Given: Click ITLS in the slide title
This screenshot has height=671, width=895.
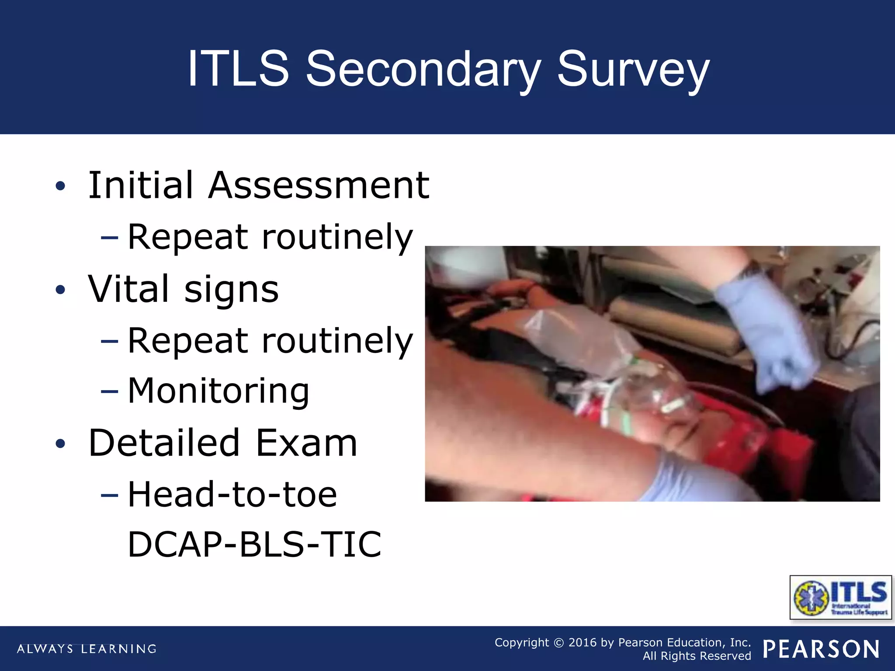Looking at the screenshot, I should pyautogui.click(x=238, y=69).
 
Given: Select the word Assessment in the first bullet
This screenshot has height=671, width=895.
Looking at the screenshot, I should pyautogui.click(x=319, y=186).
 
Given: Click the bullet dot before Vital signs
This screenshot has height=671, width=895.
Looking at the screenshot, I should pyautogui.click(x=60, y=290).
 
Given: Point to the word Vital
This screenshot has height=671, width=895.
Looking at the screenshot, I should pyautogui.click(x=128, y=289).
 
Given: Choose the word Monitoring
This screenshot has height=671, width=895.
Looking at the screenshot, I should pyautogui.click(x=219, y=391).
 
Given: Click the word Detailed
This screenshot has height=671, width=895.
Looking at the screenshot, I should pyautogui.click(x=164, y=443).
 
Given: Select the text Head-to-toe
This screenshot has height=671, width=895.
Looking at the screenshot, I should pyautogui.click(x=232, y=495).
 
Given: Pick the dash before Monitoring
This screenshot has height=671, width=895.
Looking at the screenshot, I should pyautogui.click(x=109, y=392).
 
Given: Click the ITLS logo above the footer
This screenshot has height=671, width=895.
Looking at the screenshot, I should pyautogui.click(x=840, y=597).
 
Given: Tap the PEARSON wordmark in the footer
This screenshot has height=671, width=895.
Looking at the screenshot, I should pyautogui.click(x=821, y=649).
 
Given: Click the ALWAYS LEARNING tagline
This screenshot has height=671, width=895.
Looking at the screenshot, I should pyautogui.click(x=87, y=649).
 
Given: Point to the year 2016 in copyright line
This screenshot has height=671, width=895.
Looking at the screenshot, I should pyautogui.click(x=582, y=643).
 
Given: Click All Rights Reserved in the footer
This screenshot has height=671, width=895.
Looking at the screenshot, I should pyautogui.click(x=697, y=656).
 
